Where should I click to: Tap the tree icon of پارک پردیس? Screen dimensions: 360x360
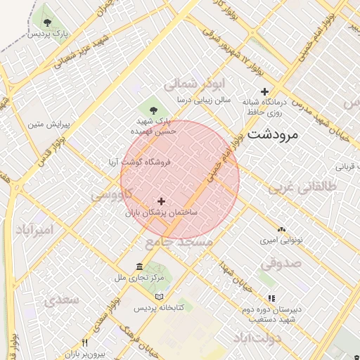click(47, 20)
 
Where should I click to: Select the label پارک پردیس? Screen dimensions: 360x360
click(48, 33)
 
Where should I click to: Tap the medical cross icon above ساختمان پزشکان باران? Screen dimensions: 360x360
click(162, 201)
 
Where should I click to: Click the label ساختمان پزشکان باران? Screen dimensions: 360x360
click(162, 212)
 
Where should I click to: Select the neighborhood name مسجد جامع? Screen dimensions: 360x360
click(179, 242)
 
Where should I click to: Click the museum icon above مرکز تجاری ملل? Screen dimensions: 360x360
click(139, 267)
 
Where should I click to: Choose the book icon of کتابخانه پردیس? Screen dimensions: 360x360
click(159, 297)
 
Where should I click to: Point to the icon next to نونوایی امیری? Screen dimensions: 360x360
click(281, 229)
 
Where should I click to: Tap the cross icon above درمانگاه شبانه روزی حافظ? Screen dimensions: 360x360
click(265, 91)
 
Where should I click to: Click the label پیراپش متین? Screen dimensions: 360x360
click(50, 124)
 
